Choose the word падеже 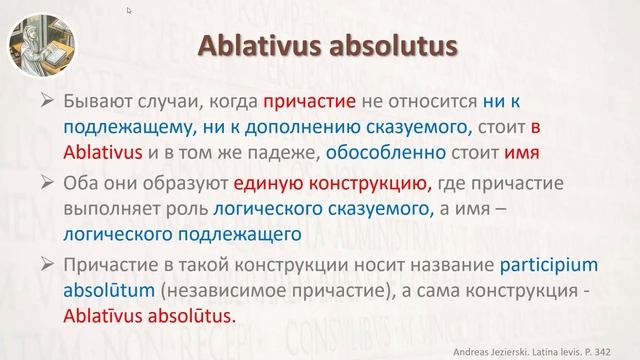click(x=324, y=154)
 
